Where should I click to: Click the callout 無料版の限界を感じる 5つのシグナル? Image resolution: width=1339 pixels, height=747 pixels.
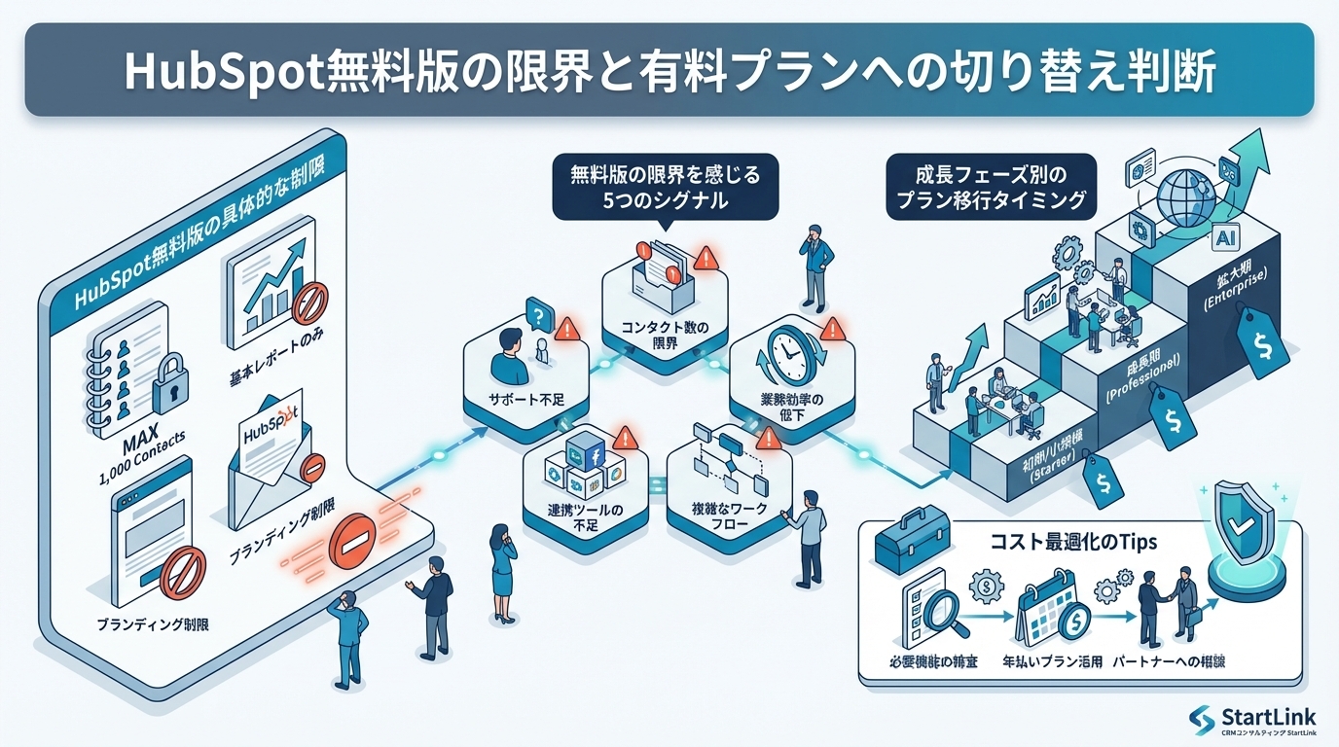665,190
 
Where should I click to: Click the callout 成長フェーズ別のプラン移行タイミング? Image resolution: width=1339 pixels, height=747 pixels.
991,190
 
